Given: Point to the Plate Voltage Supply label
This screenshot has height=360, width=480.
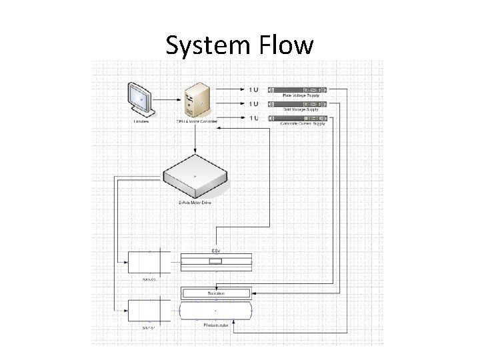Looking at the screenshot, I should point(301,95).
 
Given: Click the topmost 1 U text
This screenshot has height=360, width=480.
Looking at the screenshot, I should point(254,89).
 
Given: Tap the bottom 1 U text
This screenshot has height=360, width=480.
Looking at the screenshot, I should point(254,119).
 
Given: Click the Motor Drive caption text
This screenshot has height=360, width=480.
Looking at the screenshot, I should point(195,201).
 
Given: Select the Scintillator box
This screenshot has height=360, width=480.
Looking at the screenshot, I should point(216,293).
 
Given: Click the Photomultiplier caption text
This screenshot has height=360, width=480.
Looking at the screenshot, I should point(215,325).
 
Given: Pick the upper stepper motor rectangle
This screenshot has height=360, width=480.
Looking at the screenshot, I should point(149,261).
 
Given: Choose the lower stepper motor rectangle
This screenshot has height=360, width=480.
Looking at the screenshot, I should point(149,311).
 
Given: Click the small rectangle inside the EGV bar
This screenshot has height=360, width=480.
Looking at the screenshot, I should point(215,262).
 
